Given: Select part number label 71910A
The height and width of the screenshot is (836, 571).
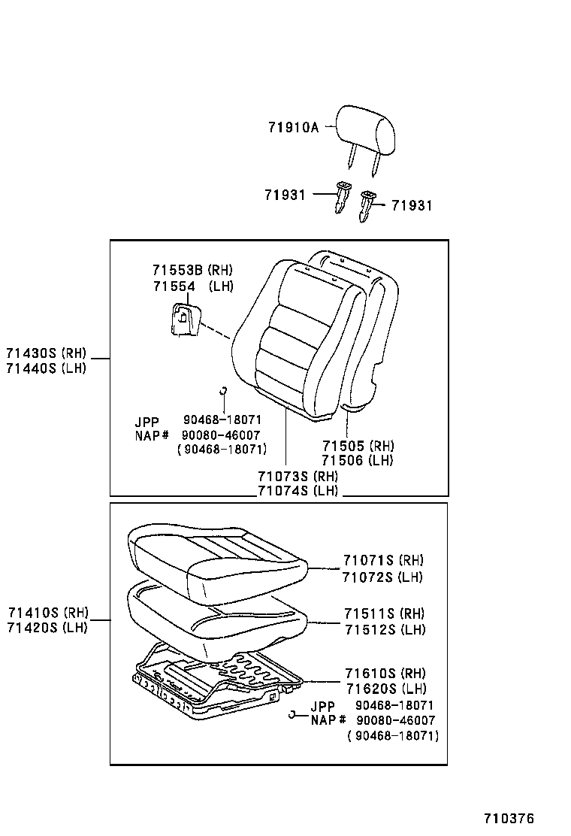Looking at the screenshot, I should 293,128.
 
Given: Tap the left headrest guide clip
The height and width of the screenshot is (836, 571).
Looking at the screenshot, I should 342,196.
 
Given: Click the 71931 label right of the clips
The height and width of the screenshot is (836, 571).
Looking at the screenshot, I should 412,205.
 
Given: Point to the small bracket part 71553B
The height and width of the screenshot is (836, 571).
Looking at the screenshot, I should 183,320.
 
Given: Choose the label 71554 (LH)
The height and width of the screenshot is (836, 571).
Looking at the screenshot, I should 192,286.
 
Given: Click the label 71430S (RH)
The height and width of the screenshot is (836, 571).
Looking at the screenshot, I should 46,353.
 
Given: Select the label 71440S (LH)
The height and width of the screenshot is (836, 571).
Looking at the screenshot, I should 46,368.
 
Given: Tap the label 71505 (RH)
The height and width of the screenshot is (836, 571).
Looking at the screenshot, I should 357,446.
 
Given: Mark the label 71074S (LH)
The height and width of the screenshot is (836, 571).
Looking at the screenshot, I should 298,491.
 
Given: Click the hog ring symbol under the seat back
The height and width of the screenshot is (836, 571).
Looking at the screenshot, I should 222,389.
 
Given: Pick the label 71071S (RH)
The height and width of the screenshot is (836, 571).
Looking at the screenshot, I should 383,561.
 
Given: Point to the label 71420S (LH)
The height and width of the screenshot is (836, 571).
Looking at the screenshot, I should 47,627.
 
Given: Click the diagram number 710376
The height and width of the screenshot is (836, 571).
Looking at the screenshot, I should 509,819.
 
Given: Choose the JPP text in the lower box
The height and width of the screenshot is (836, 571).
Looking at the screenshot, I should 323,705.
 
